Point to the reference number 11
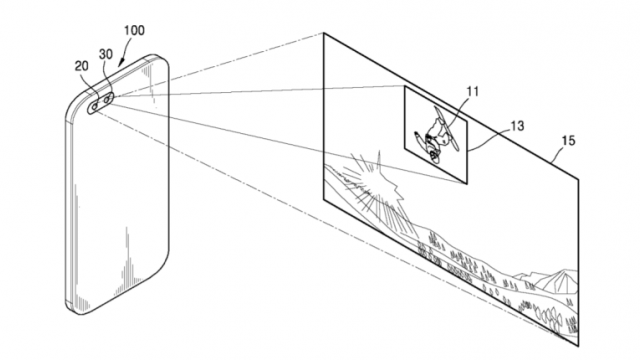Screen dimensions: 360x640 (472, 94)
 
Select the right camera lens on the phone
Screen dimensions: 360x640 (105, 97)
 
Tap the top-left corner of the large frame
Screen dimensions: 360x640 (321, 33)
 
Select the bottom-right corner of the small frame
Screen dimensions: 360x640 (468, 185)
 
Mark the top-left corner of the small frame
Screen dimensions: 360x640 (403, 86)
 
